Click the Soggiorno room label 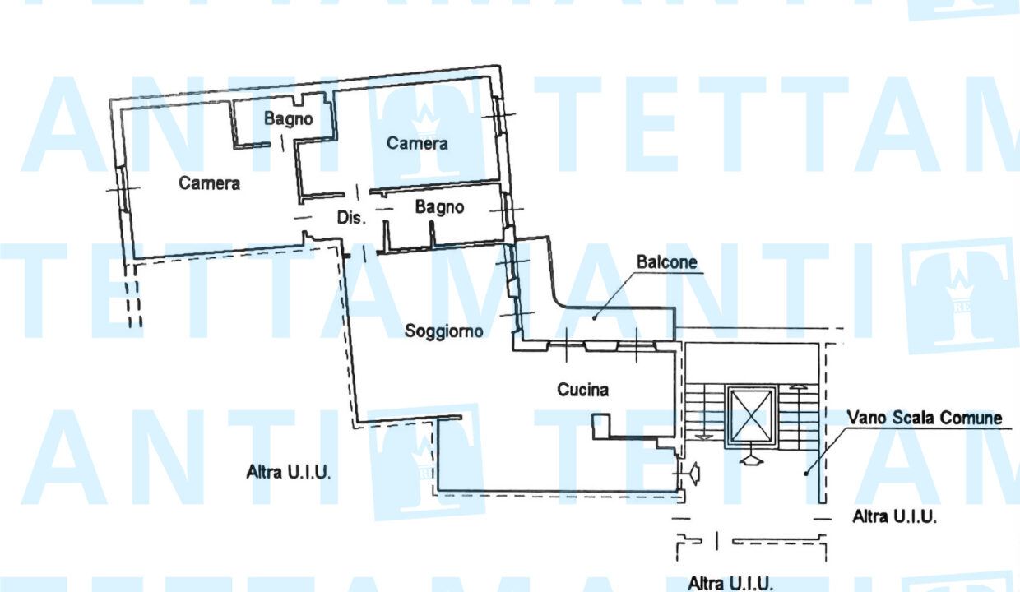443,331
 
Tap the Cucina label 582,390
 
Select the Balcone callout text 666,263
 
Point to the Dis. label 350,219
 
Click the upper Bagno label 288,119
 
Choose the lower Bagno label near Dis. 439,208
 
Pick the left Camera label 209,183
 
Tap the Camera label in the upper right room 417,144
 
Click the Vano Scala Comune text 925,419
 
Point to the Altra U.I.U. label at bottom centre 730,583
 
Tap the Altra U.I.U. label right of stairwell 895,517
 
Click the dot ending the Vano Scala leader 805,473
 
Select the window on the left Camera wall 123,190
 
